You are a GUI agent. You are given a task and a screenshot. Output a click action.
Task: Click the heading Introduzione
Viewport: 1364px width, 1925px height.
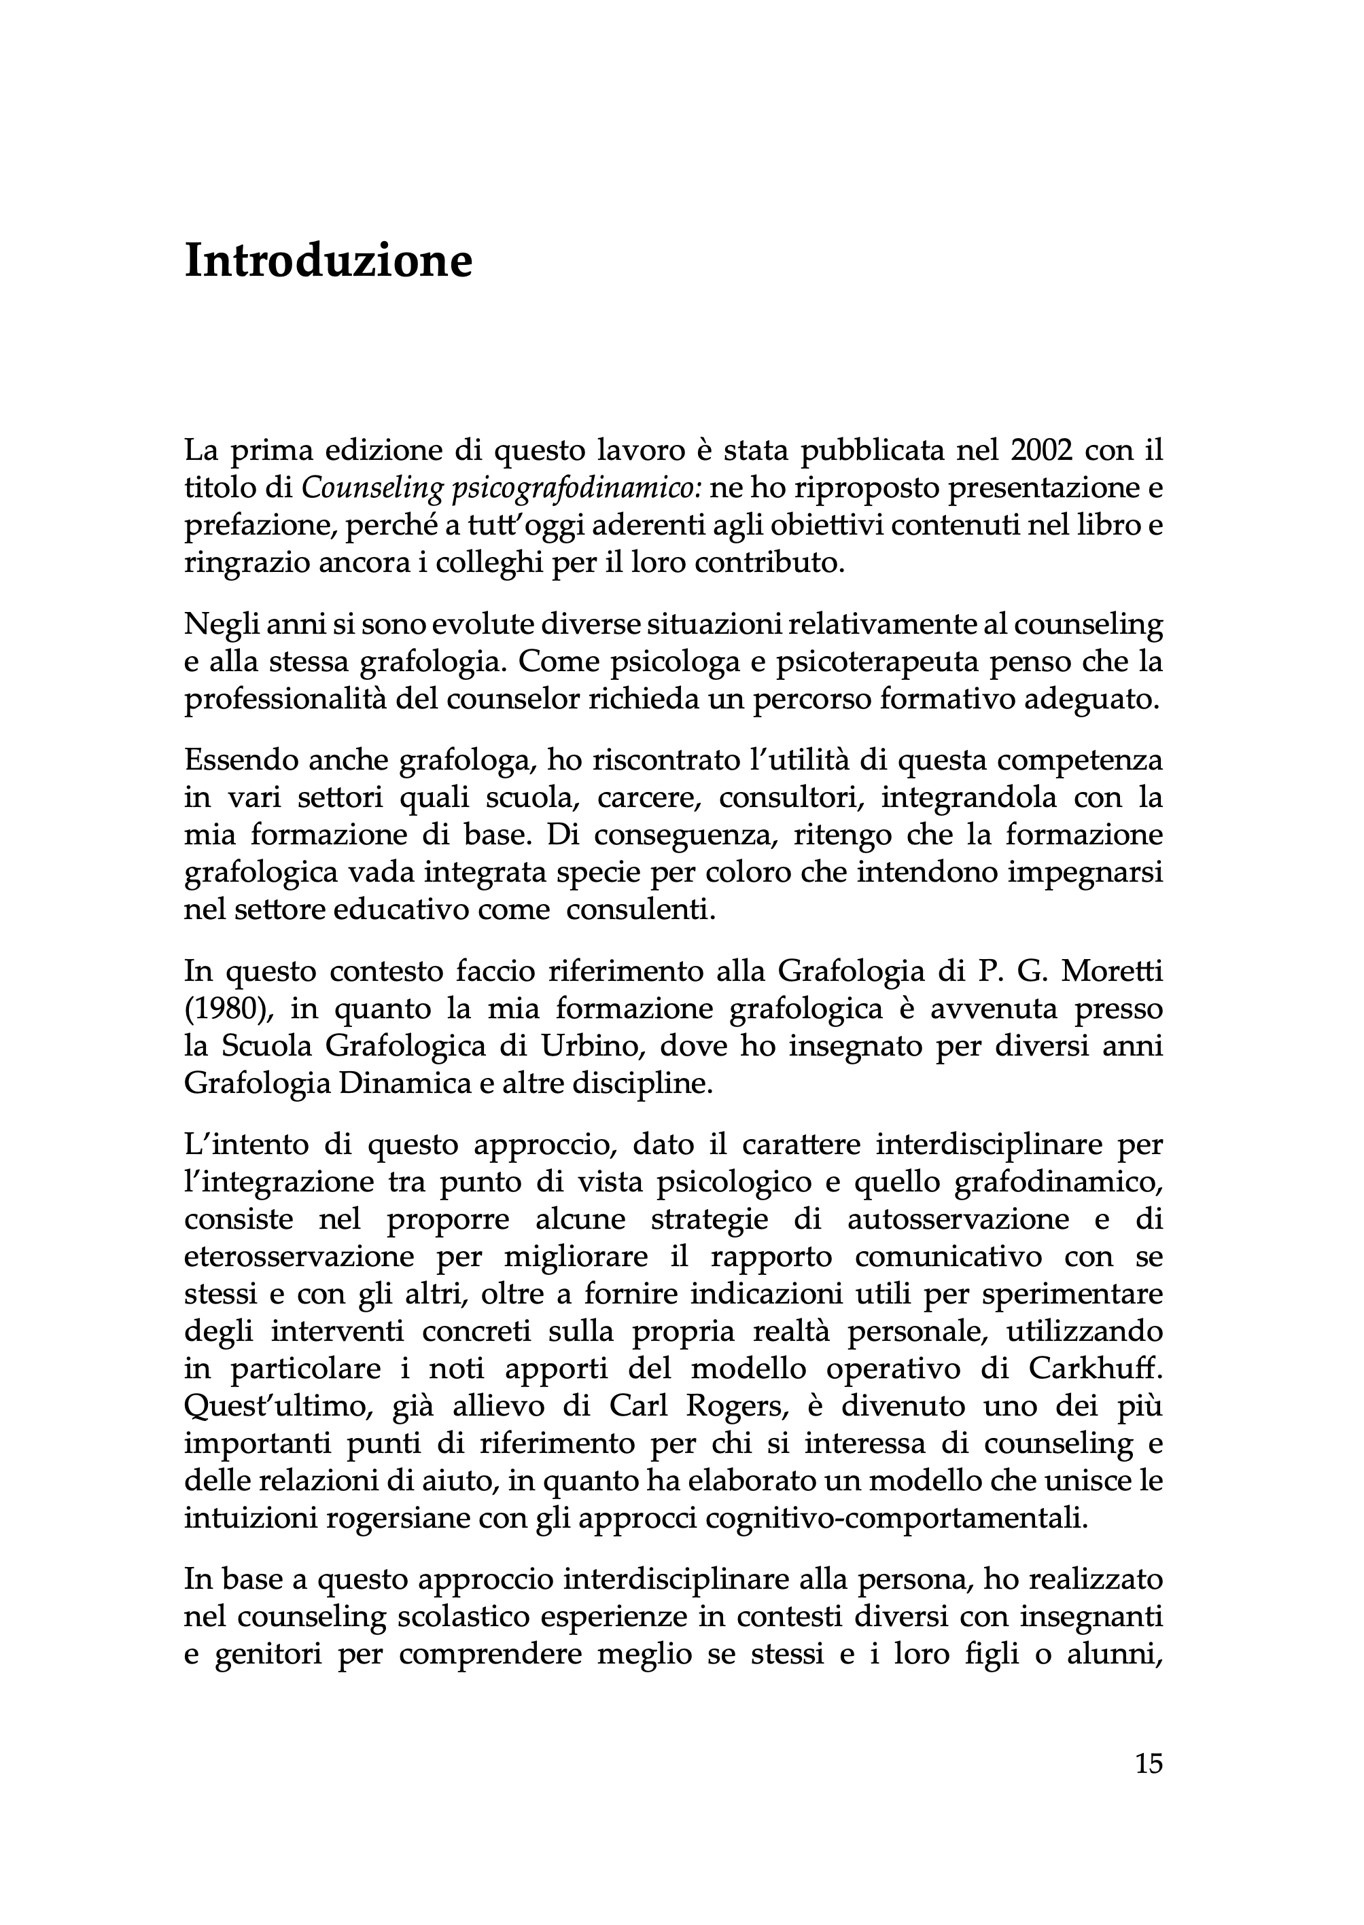328,260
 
